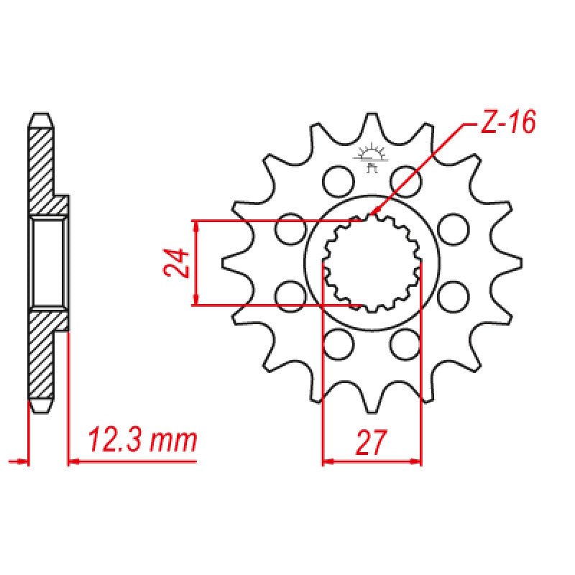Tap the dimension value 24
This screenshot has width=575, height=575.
177,262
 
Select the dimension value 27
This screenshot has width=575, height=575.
371,442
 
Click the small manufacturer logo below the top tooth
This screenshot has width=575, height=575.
372,159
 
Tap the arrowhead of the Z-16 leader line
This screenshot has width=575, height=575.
374,213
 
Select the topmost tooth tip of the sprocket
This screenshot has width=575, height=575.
372,118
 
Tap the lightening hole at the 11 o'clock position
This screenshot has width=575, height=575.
335,180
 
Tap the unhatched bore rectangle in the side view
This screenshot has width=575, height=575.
48,262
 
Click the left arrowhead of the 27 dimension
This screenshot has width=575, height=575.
327,460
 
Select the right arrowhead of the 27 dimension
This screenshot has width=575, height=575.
416,460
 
